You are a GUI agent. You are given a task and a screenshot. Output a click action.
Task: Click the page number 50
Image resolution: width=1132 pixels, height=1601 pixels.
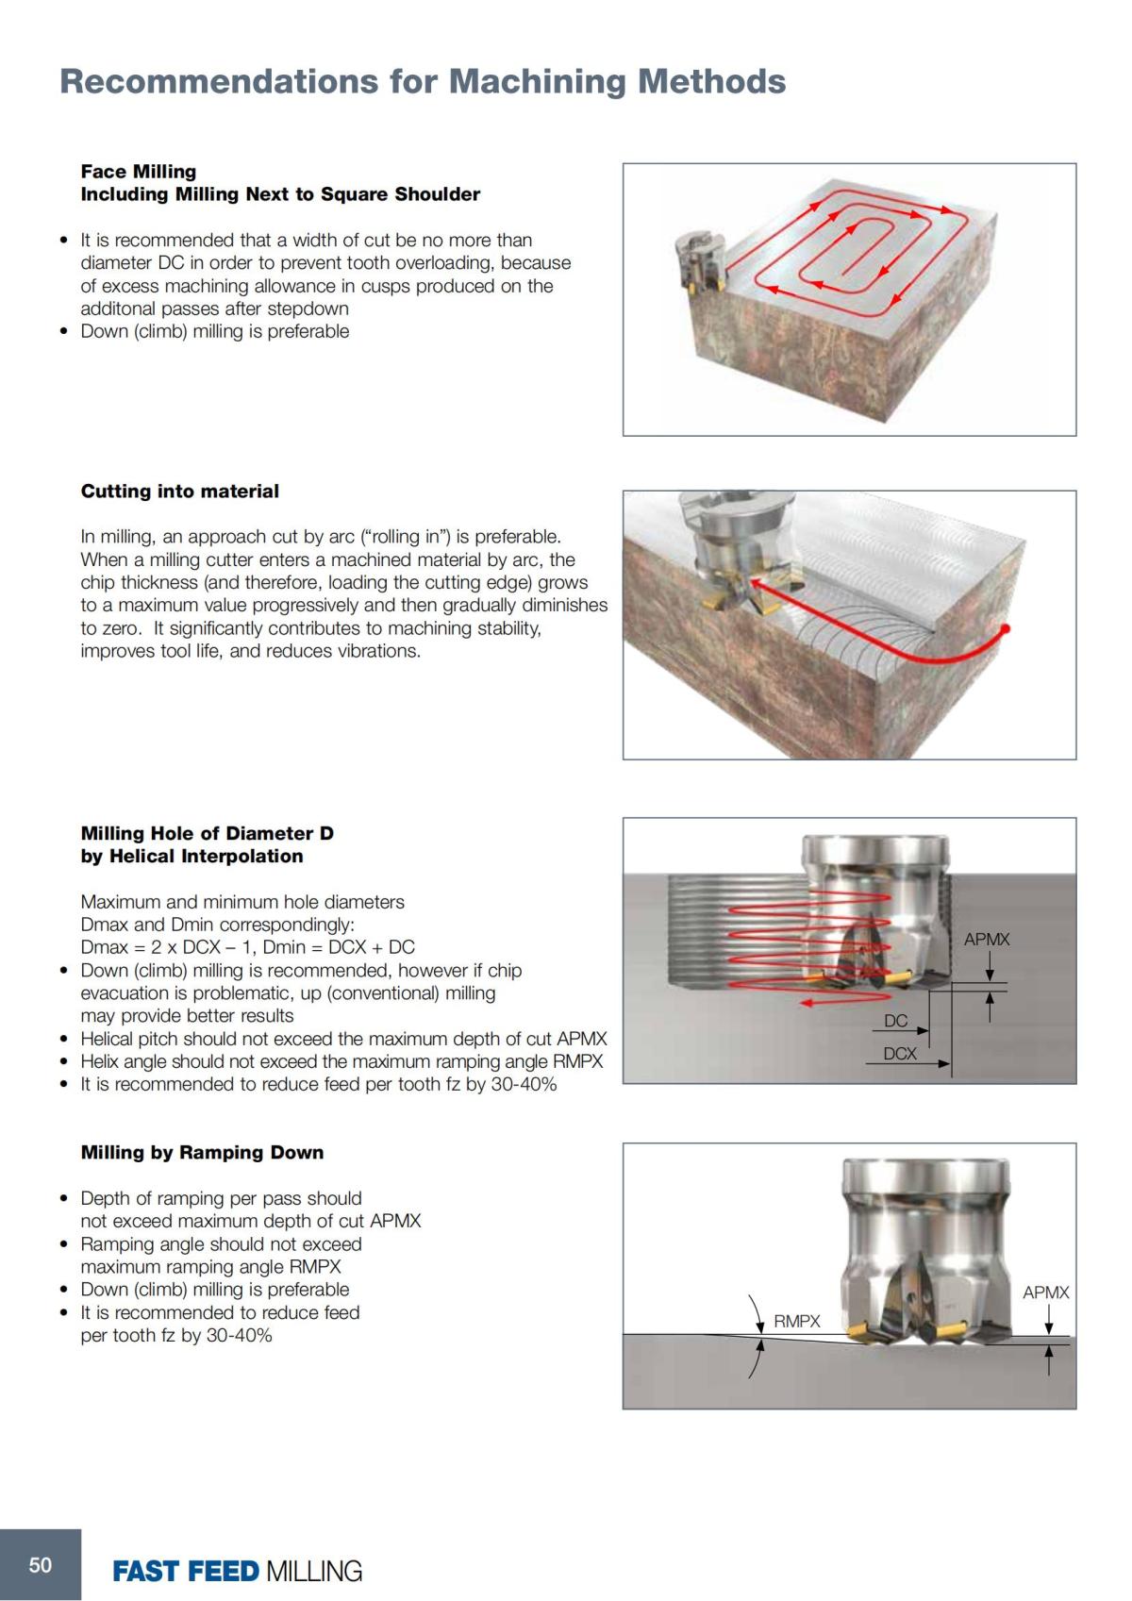[x=41, y=1565]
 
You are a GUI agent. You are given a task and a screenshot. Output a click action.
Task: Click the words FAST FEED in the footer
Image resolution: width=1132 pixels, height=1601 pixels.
[x=185, y=1571]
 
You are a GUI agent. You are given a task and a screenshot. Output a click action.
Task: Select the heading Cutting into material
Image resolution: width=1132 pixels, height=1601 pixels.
[x=180, y=491]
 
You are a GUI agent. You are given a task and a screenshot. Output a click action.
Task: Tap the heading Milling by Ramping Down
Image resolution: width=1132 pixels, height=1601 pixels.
[x=202, y=1152]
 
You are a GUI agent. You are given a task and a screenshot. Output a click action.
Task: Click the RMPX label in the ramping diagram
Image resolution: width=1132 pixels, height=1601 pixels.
[x=797, y=1322]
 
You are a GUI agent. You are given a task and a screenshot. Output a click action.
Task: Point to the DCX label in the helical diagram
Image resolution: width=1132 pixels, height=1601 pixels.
[x=900, y=1054]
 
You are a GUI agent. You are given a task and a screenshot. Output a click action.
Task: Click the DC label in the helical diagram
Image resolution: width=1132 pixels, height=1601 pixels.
[x=895, y=1021]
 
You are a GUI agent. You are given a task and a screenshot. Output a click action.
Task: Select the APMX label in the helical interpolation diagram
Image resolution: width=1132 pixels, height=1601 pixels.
[x=987, y=940]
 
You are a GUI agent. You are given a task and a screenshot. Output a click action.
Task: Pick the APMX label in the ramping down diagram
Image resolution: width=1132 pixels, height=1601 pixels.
[x=1045, y=1292]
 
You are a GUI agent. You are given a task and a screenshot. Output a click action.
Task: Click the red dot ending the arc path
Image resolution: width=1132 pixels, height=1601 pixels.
[x=1007, y=627]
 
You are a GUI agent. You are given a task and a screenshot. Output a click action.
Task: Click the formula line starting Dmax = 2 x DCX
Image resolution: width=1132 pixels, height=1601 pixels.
[x=247, y=947]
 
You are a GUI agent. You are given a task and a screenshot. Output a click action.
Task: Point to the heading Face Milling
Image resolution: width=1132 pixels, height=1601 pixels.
[x=139, y=172]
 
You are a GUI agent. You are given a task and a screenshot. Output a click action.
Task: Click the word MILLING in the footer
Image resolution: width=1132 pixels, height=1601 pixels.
[x=314, y=1571]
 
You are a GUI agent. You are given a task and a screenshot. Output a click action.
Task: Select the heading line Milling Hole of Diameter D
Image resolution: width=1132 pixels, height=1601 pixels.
[x=207, y=833]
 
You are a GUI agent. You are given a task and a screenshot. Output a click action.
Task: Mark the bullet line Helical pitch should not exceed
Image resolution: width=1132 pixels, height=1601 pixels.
[x=343, y=1039]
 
